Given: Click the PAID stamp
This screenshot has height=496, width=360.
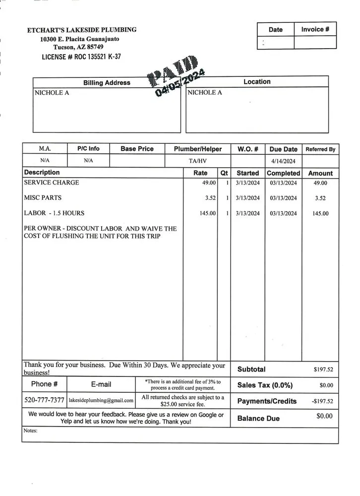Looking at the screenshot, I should [x=176, y=77].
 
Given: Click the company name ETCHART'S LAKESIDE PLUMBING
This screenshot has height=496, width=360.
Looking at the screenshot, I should [x=82, y=30].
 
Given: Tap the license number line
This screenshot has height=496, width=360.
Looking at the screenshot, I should [x=81, y=57].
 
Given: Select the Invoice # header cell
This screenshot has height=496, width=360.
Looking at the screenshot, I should [x=315, y=29].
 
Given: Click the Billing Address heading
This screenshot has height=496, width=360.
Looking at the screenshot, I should [x=107, y=82].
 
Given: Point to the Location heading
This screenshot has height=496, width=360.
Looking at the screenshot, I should [x=257, y=81].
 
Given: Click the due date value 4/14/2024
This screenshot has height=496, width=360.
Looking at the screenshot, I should [x=284, y=161].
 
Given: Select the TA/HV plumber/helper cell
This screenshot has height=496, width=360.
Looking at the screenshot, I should [x=198, y=161].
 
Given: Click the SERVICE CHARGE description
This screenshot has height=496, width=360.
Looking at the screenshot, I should [x=52, y=183].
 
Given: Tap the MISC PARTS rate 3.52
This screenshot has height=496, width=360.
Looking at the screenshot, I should [x=210, y=198].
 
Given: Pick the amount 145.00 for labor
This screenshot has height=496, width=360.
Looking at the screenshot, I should [x=320, y=213].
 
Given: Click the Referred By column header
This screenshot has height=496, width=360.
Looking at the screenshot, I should [x=320, y=149].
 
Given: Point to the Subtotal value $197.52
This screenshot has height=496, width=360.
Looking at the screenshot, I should [x=323, y=370].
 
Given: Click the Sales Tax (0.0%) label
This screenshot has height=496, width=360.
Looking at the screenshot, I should [x=265, y=385].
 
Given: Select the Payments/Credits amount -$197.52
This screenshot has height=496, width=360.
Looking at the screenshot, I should [x=322, y=401].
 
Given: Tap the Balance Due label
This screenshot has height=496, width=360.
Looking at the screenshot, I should [x=258, y=418].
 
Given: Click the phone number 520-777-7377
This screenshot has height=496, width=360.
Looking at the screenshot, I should [x=44, y=400].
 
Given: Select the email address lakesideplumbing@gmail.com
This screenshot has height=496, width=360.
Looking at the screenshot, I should [x=101, y=400].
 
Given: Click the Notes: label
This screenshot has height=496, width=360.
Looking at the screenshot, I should [x=30, y=431].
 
